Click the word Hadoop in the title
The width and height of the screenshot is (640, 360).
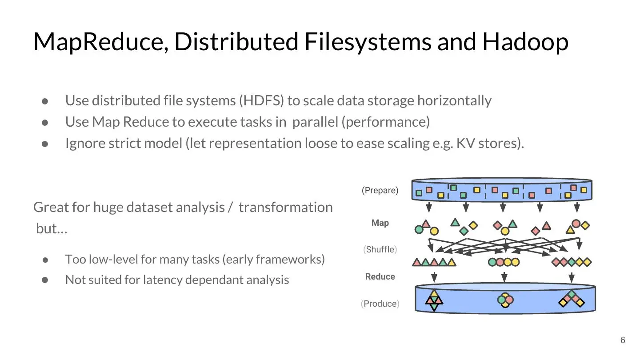tap(525, 42)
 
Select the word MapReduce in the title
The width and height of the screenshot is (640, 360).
tap(101, 42)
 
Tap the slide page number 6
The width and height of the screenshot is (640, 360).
tap(623, 340)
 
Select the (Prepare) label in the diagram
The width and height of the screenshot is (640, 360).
tap(380, 191)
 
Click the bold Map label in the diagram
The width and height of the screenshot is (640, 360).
tap(380, 223)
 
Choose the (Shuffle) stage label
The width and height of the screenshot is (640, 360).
tap(380, 249)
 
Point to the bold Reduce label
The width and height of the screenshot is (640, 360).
tap(380, 276)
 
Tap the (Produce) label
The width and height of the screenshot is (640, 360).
tap(380, 304)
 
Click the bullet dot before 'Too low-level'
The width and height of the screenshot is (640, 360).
tap(45, 260)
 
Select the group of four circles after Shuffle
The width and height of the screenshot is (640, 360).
tap(504, 262)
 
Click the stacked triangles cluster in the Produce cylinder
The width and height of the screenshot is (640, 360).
tap(434, 300)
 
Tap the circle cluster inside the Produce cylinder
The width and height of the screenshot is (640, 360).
tap(505, 300)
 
